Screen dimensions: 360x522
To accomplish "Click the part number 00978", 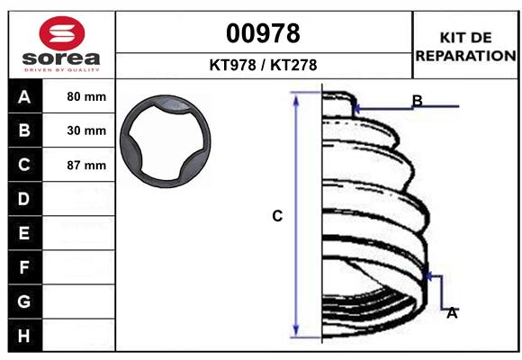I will click(x=263, y=34).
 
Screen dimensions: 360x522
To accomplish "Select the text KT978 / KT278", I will click(x=263, y=66).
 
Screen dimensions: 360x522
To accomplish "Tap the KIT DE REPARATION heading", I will click(x=465, y=46).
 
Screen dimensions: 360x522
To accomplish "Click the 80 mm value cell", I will click(x=86, y=96).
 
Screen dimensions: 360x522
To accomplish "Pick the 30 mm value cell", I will click(x=86, y=130).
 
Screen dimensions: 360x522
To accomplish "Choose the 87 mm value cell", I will click(x=86, y=165).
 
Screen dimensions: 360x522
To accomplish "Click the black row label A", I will click(x=24, y=96).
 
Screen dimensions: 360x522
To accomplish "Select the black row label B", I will click(x=24, y=130).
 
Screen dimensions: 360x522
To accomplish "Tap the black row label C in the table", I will click(x=24, y=165).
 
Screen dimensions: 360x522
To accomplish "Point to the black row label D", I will click(x=24, y=199).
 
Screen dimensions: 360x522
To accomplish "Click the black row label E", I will click(x=24, y=233).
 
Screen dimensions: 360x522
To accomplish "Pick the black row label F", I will click(x=24, y=267).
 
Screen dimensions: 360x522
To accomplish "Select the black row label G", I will click(x=24, y=301).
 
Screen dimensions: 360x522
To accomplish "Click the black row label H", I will click(x=24, y=336).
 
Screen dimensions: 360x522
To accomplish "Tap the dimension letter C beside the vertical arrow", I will click(x=277, y=216).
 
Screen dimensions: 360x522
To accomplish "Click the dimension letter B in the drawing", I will click(x=418, y=100).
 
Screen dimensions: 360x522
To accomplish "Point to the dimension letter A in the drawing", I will click(x=452, y=313).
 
